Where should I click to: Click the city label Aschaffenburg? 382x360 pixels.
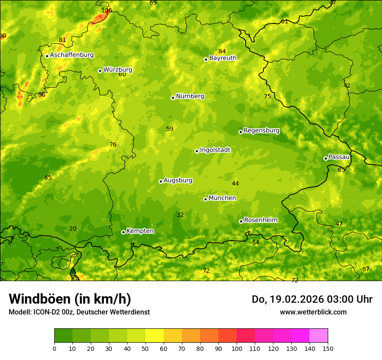[72, 55]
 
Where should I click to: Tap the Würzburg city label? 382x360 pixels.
[118, 70]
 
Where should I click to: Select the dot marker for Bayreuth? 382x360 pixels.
[206, 59]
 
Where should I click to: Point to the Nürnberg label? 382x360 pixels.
[190, 96]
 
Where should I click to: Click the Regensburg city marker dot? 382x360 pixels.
[240, 132]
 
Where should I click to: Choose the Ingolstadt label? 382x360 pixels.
[215, 150]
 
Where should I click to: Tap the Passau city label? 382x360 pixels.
[339, 157]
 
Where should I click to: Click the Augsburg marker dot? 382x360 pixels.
[161, 181]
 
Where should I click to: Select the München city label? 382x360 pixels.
[222, 198]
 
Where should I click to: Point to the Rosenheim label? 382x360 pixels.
[260, 220]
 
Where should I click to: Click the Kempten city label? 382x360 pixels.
[140, 231]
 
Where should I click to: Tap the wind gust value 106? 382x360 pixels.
[106, 10]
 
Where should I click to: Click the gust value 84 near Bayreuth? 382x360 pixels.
[222, 51]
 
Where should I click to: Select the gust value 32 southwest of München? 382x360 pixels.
[180, 215]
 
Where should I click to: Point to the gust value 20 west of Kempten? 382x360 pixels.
[72, 229]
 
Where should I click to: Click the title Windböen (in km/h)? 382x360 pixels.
[70, 299]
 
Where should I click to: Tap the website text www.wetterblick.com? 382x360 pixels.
[313, 312]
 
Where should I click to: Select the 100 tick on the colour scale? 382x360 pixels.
[237, 348]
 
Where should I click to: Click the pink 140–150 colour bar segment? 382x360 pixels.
[319, 335]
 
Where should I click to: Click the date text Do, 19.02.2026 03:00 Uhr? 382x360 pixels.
[312, 299]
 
